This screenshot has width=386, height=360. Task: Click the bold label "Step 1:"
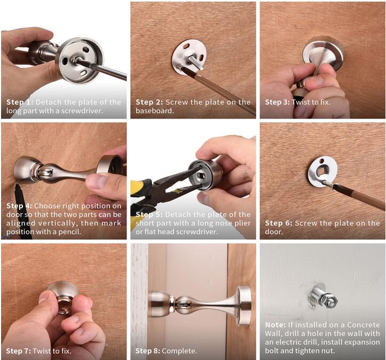pos(20,102)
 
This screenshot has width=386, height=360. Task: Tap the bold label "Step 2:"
pos(149,102)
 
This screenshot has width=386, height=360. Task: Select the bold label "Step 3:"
pos(278,102)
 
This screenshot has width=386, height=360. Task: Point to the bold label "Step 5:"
pos(149,215)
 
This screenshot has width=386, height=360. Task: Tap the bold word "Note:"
pos(275,325)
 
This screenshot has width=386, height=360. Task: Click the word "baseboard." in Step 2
pos(155,111)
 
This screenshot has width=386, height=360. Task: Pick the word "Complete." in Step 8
pos(179,351)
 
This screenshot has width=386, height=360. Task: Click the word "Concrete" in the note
pos(364,325)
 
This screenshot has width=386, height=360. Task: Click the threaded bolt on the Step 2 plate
pos(196,62)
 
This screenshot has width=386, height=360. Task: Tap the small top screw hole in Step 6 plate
pos(322,161)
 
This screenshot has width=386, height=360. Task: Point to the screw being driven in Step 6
pos(328,185)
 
